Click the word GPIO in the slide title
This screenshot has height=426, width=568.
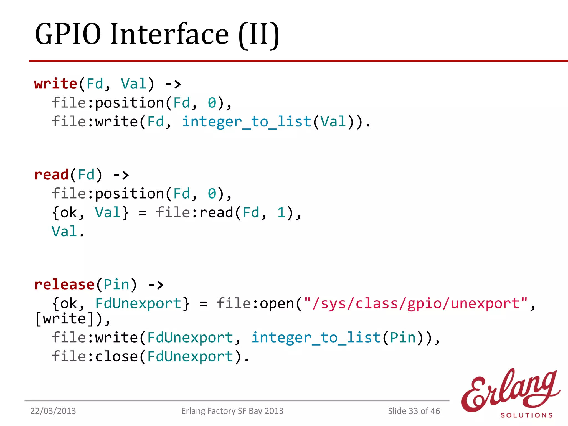(68, 34)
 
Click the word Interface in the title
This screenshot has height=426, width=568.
(170, 34)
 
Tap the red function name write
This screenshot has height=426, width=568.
(55, 84)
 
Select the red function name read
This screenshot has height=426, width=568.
(51, 175)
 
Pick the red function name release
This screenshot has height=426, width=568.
(64, 285)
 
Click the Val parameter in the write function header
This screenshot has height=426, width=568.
(133, 84)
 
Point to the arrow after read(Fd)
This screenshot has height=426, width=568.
(121, 175)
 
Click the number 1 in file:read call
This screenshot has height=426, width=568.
(281, 213)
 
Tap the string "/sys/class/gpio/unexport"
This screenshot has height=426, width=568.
(415, 303)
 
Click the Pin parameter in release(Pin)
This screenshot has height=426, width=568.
(116, 285)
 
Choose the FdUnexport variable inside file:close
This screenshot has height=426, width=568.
(190, 356)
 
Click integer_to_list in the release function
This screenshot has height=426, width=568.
(316, 338)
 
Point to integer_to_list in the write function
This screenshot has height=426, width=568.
(247, 122)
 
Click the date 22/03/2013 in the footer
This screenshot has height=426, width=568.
(53, 411)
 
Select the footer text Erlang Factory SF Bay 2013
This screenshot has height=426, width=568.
(232, 411)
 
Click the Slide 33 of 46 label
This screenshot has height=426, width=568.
(414, 411)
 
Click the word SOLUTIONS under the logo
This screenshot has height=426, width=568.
(526, 415)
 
